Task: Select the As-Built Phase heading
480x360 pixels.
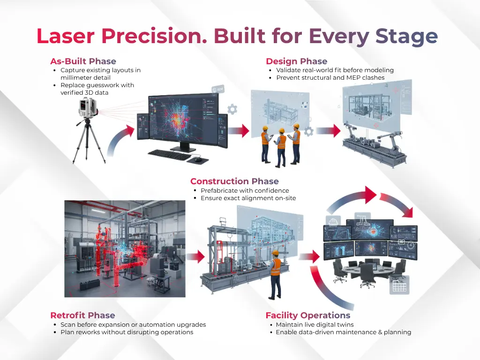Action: [83, 61]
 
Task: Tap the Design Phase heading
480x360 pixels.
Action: [296, 61]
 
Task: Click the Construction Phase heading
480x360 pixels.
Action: [234, 181]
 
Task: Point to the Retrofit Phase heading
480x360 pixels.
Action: [82, 315]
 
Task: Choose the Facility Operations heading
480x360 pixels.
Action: [307, 315]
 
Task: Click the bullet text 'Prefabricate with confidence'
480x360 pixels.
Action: [245, 191]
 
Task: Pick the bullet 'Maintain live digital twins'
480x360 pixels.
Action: [315, 325]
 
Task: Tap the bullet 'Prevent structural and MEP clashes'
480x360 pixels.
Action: [330, 78]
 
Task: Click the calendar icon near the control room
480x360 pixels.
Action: [399, 285]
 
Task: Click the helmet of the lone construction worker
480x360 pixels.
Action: [276, 254]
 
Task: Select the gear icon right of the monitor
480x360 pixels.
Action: [232, 110]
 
